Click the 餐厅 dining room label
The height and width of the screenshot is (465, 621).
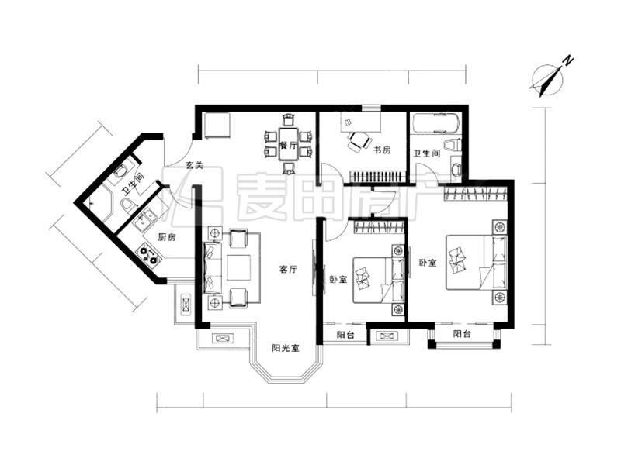(288, 145)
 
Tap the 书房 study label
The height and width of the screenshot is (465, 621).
(382, 150)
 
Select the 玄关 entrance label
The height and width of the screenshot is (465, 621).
(195, 165)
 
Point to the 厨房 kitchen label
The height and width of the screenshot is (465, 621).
(167, 237)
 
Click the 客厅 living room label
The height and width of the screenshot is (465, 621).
(288, 270)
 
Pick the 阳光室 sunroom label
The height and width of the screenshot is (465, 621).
(286, 348)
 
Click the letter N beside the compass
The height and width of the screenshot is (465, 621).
(569, 61)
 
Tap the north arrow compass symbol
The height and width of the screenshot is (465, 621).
(547, 81)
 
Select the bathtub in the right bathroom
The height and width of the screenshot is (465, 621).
(436, 123)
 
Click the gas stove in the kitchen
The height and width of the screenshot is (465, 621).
(148, 255)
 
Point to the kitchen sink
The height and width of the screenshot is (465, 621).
(144, 221)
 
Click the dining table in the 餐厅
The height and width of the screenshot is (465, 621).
(289, 143)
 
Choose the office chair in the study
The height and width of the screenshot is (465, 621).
(359, 141)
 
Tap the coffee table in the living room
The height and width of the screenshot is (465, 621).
(238, 267)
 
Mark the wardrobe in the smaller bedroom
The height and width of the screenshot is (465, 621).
(379, 227)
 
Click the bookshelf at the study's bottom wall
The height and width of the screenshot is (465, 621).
(378, 177)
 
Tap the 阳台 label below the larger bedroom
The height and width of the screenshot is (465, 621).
(462, 334)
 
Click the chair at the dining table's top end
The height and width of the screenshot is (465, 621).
(289, 119)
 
